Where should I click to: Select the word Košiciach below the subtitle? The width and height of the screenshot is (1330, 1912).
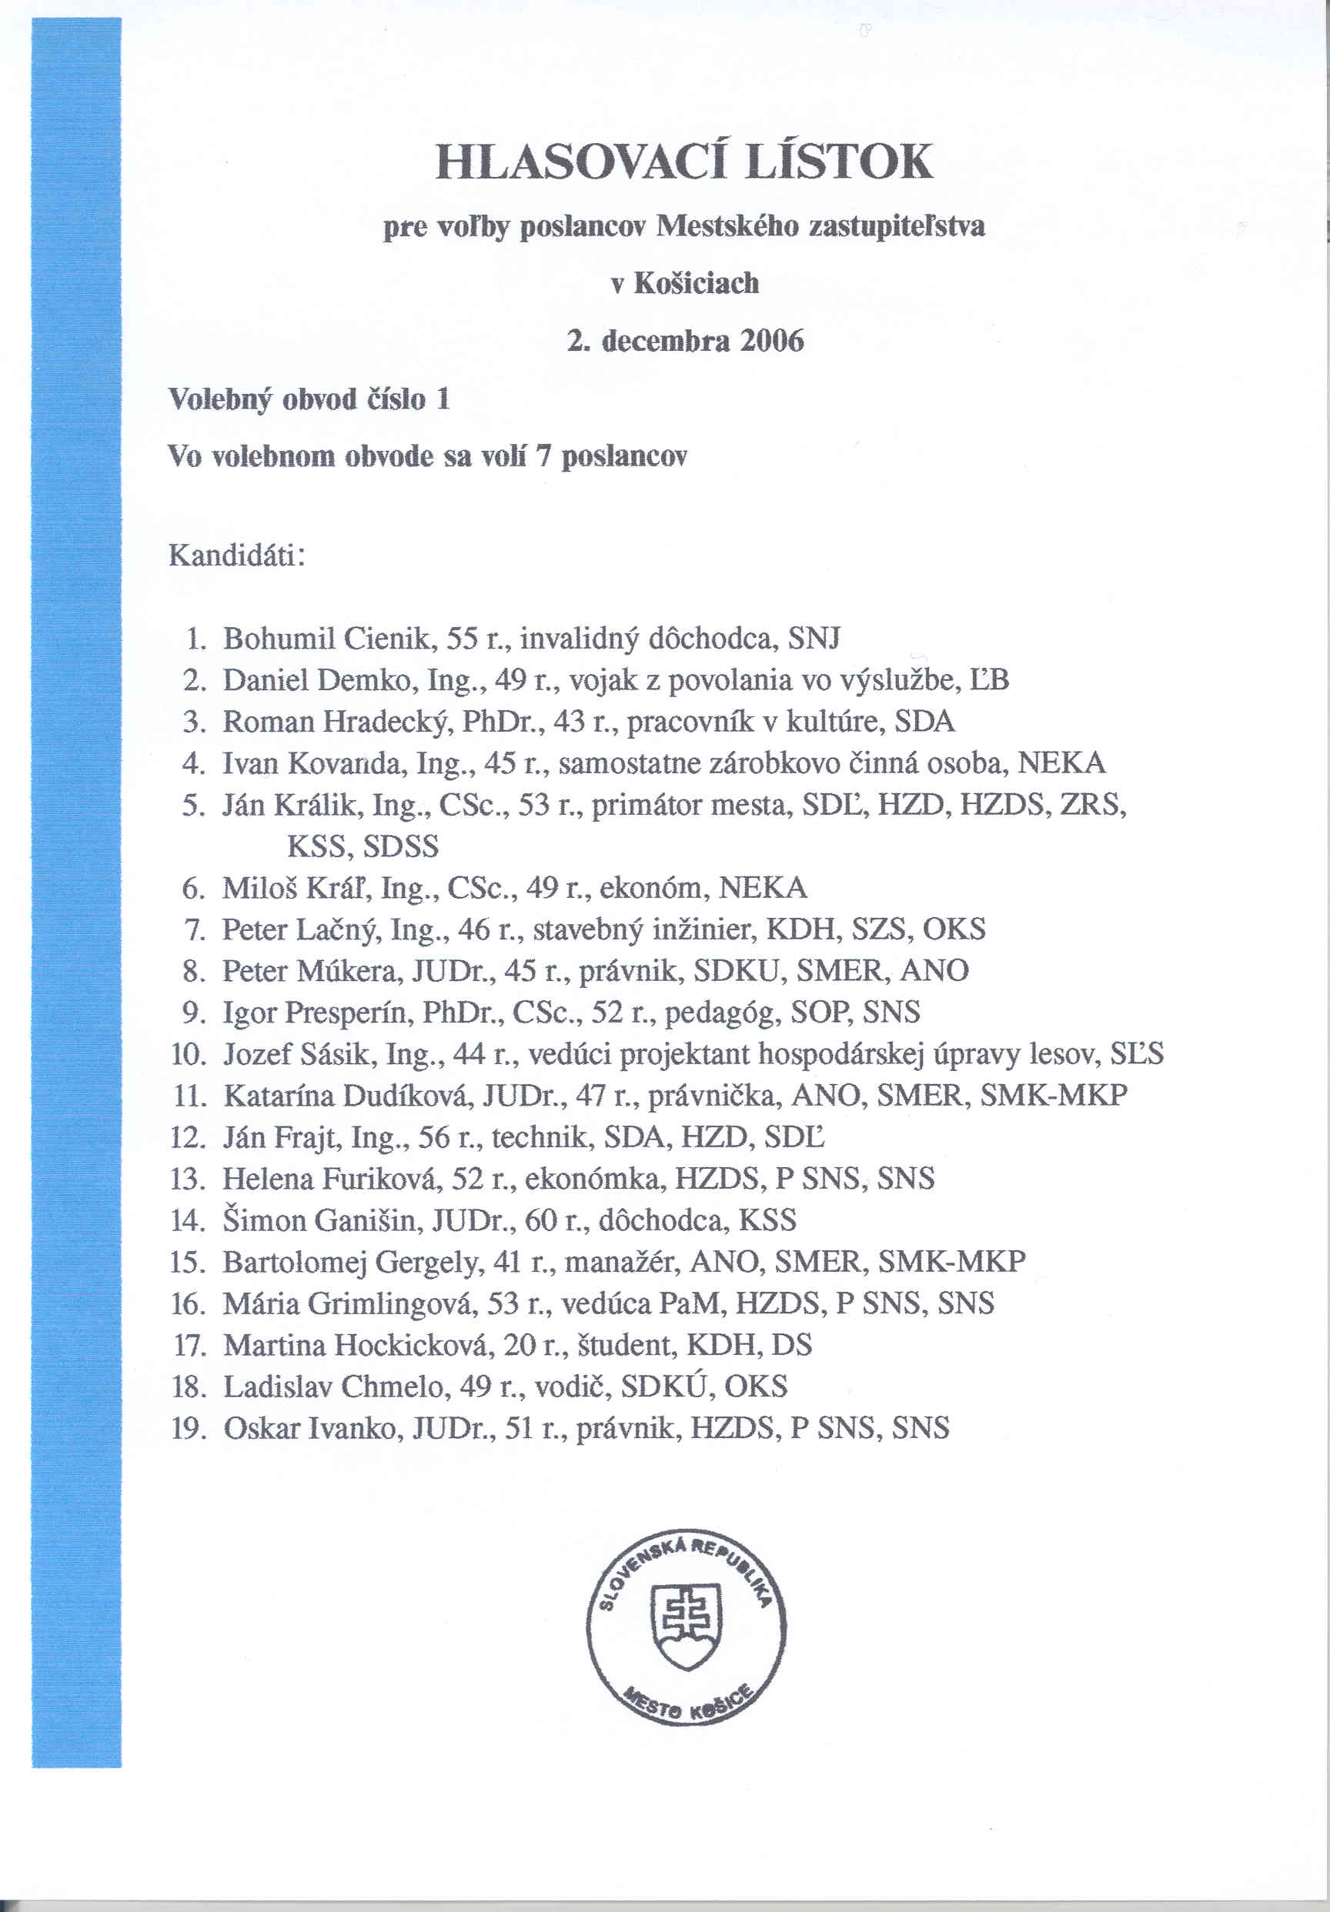point(697,283)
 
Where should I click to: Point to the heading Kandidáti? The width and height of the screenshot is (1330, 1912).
point(236,555)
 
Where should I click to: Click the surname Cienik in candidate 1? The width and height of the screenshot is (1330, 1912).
point(388,639)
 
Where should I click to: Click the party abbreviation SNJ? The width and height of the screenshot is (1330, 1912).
point(814,639)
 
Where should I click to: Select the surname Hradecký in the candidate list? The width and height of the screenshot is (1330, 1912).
point(389,722)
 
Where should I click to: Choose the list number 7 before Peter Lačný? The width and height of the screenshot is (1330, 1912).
point(194,929)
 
